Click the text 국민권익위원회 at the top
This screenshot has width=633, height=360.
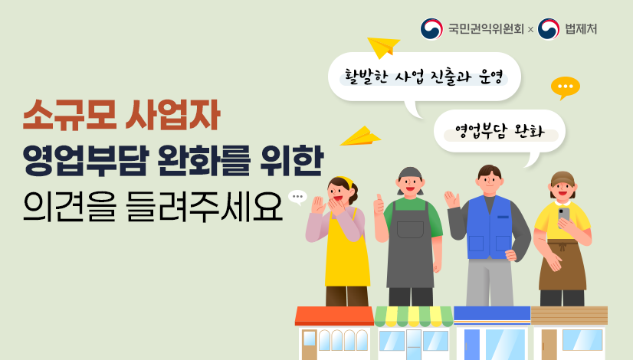[x=486, y=29]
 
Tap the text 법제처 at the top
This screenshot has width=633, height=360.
[x=580, y=29]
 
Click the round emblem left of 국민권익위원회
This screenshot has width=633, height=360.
[x=431, y=29]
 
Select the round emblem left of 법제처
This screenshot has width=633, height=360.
[x=549, y=29]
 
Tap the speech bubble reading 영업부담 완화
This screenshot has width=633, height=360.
[x=499, y=130]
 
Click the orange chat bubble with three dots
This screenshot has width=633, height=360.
[x=566, y=87]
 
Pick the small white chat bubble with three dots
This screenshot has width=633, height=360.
[x=297, y=197]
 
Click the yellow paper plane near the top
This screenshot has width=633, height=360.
[x=383, y=47]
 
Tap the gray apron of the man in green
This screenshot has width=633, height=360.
[x=410, y=245]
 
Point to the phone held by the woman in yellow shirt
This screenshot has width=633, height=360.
[x=564, y=214]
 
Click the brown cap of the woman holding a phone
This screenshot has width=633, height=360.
[x=562, y=178]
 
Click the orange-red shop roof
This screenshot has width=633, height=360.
[x=334, y=315]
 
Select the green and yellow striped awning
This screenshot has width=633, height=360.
[x=413, y=316]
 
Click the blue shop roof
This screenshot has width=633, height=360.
[x=491, y=313]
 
